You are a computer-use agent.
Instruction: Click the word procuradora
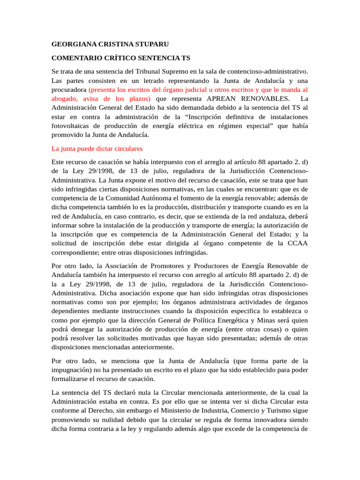(68, 90)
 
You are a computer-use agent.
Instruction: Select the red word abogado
(64, 98)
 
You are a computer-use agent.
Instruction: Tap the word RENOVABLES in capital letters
(265, 98)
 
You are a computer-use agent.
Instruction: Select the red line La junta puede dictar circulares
(97, 148)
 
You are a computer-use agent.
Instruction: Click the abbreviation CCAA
(297, 242)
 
